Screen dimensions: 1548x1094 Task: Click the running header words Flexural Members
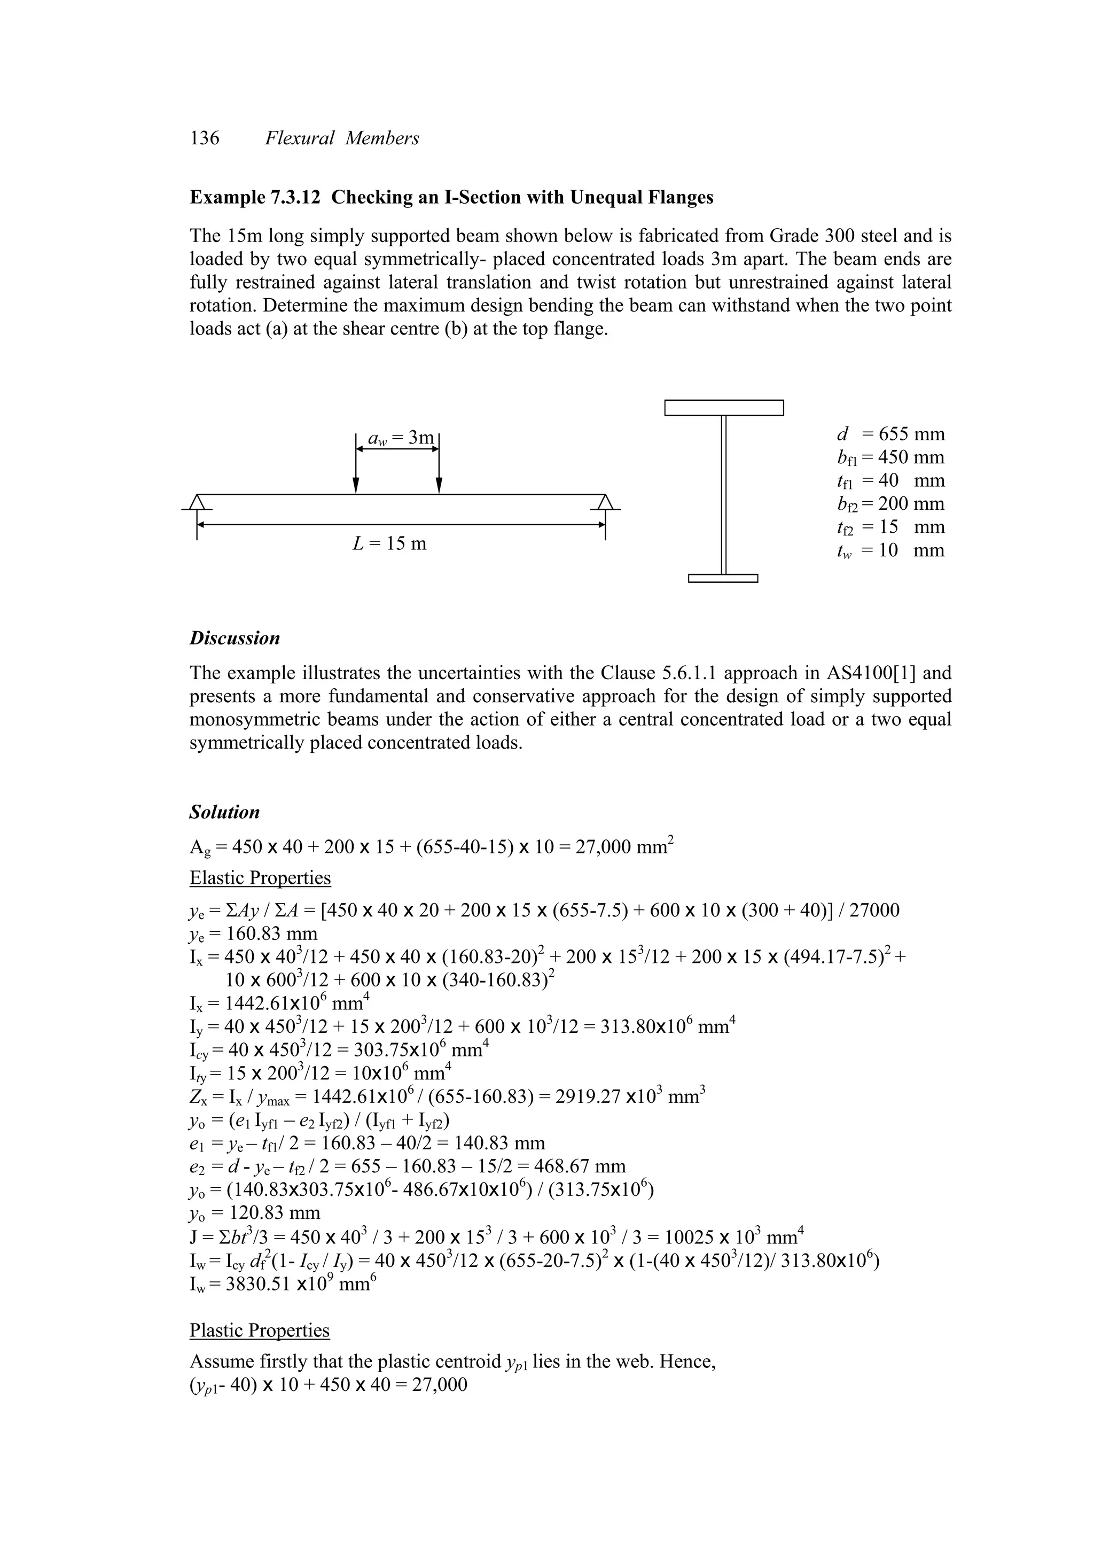click(342, 138)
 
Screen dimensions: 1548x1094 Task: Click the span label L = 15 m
click(389, 543)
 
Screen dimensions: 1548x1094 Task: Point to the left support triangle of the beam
click(197, 502)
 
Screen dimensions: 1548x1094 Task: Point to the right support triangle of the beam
click(605, 502)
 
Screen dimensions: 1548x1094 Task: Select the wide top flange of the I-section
click(723, 408)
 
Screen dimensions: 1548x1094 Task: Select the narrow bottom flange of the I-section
click(723, 578)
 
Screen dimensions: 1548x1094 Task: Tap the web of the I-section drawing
click(723, 495)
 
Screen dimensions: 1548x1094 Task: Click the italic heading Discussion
click(235, 639)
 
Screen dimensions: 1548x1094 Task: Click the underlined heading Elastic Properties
click(260, 878)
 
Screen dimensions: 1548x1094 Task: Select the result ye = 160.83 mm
click(253, 934)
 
